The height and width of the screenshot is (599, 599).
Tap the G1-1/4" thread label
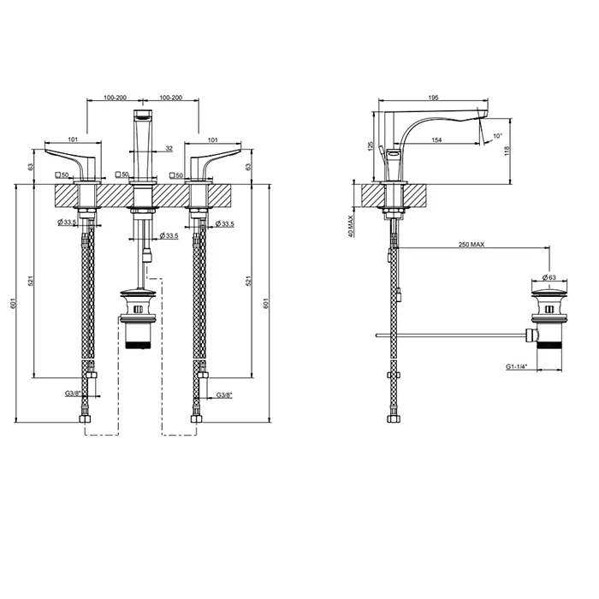coord(516,365)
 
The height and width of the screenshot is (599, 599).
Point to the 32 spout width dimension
coord(169,148)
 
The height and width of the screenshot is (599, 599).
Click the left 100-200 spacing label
coord(110,98)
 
